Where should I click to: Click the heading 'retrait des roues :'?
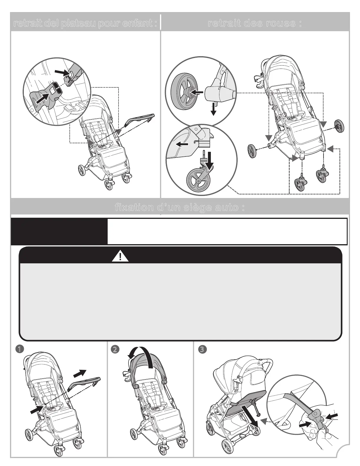pyautogui.click(x=255, y=23)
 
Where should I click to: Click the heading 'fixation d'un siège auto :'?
pyautogui.click(x=180, y=208)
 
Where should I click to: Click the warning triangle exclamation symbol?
pyautogui.click(x=120, y=257)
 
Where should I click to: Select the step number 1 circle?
pyautogui.click(x=19, y=349)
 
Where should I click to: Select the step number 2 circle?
pyautogui.click(x=114, y=349)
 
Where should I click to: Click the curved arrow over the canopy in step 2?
pyautogui.click(x=141, y=355)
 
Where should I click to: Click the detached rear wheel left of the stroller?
pyautogui.click(x=253, y=151)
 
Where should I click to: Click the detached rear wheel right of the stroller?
pyautogui.click(x=340, y=126)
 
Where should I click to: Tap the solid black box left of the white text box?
pyautogui.click(x=59, y=232)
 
